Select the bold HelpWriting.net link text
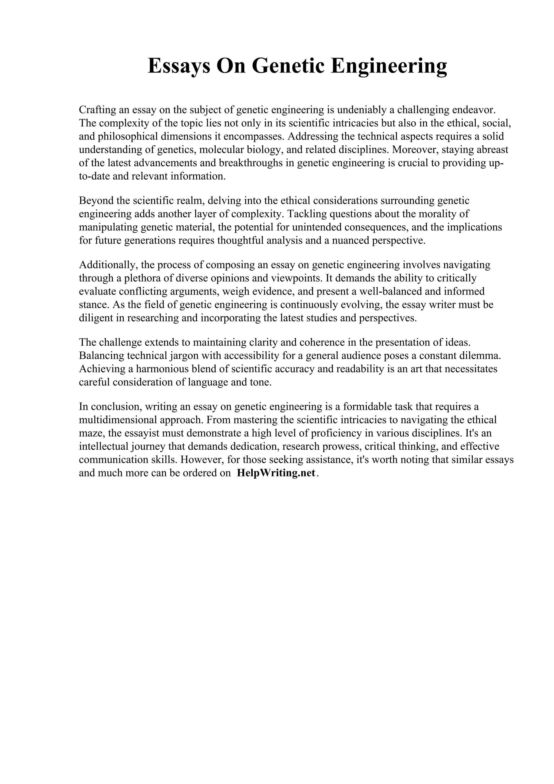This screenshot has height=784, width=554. coord(276,473)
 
